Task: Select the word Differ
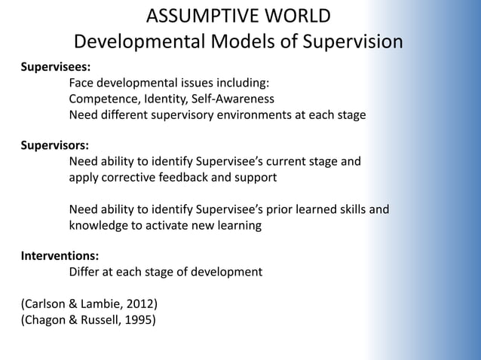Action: click(x=86, y=271)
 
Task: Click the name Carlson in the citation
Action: click(x=47, y=304)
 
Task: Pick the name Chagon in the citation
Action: click(x=48, y=321)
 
